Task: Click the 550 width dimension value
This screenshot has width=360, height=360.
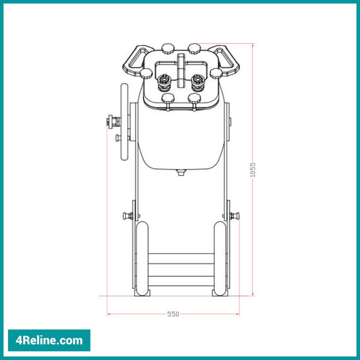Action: click(x=174, y=315)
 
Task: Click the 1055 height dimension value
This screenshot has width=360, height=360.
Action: click(x=253, y=170)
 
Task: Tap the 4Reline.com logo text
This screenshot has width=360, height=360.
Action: click(x=48, y=340)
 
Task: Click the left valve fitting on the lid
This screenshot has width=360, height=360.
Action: click(x=163, y=82)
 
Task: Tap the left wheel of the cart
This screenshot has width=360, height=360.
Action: click(x=142, y=258)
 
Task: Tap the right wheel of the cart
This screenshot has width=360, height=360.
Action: click(x=220, y=258)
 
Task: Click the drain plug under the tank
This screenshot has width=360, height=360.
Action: click(x=180, y=173)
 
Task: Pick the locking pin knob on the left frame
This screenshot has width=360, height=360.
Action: click(x=128, y=216)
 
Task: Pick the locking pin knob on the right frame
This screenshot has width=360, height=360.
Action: click(x=234, y=216)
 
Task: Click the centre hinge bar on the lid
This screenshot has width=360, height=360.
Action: click(x=180, y=68)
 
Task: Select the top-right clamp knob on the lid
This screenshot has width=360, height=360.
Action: click(x=195, y=47)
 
